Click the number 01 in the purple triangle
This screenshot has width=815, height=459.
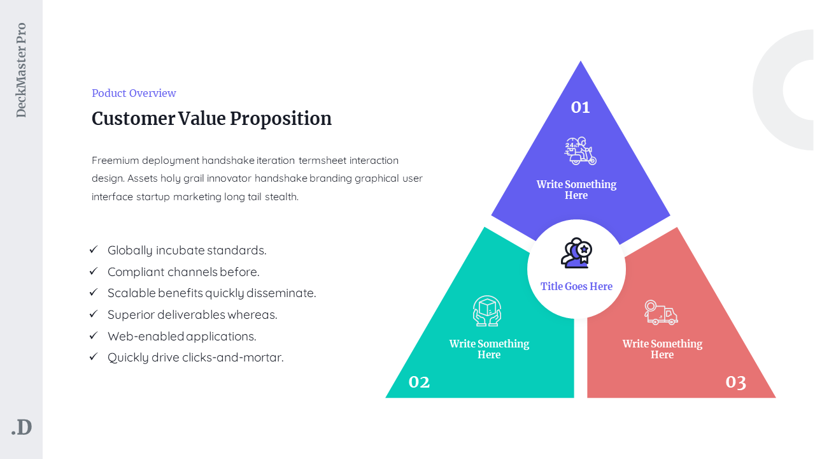[x=580, y=107]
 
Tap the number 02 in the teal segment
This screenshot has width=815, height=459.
[x=419, y=382]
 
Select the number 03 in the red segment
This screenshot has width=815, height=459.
[x=735, y=382]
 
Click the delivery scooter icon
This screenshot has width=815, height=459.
[x=580, y=151]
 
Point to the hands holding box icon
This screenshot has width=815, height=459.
[x=487, y=310]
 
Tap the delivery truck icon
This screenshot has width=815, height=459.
[x=660, y=312]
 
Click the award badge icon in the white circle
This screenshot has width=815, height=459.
[x=576, y=253]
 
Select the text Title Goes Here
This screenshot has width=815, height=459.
[x=576, y=286]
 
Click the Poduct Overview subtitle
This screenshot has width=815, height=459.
[x=134, y=93]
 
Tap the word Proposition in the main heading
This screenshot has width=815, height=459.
[x=281, y=119]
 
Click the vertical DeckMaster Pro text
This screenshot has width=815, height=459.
[x=21, y=70]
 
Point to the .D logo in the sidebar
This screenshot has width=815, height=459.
[x=22, y=427]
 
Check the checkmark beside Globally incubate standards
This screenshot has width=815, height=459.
[x=94, y=249]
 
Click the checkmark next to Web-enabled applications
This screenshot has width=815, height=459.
[x=94, y=335]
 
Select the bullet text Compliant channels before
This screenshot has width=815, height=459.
[x=183, y=272]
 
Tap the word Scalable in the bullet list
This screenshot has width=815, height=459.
[x=131, y=293]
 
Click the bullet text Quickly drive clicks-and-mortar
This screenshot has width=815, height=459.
[x=195, y=358]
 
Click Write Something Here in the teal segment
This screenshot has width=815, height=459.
[x=489, y=349]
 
